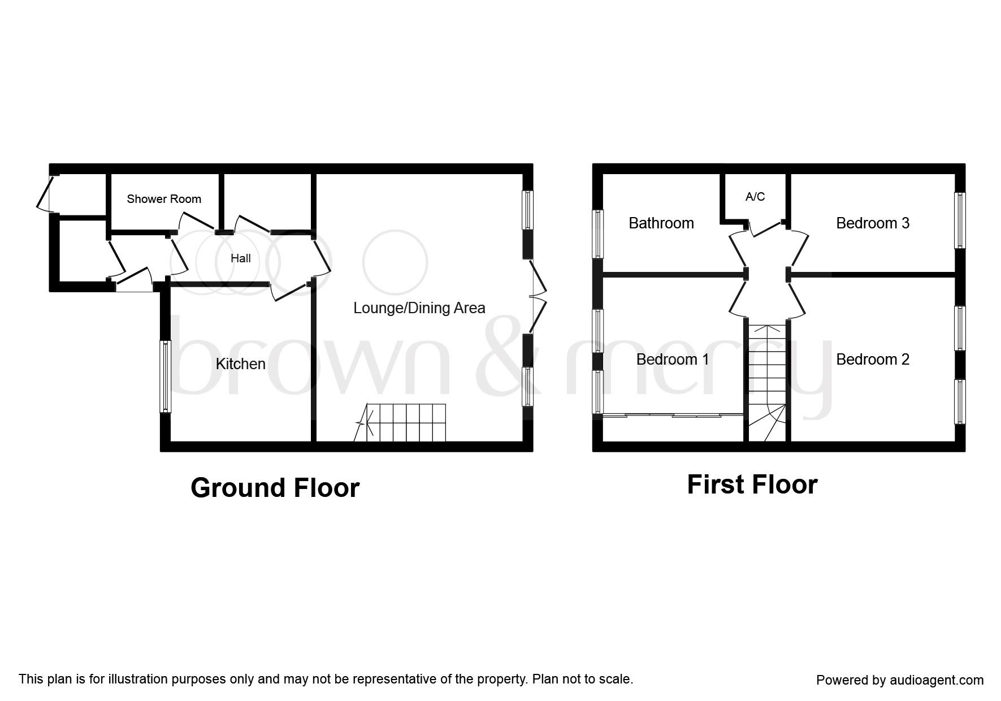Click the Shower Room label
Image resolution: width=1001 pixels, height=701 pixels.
point(164,199)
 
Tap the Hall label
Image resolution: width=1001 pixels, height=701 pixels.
point(241,258)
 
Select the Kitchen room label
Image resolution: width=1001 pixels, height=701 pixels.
point(241,364)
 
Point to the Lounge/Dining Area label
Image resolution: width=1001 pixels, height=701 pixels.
point(419,308)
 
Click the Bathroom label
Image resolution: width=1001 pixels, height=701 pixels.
point(661,223)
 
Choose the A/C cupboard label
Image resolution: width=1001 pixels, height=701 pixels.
point(755,196)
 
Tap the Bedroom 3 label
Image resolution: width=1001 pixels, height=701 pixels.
point(873,223)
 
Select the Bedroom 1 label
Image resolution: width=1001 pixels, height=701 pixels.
point(673,359)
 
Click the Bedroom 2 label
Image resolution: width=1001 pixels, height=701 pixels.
point(873,359)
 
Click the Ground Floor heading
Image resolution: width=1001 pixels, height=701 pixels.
point(275,487)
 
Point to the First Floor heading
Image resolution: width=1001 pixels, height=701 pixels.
point(752,484)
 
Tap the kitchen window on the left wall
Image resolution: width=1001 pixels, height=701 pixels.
point(165,377)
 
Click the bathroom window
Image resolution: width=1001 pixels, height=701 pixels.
point(597,234)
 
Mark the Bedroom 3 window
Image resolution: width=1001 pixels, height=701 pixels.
point(960,220)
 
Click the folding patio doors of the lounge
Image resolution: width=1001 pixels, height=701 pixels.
point(538,296)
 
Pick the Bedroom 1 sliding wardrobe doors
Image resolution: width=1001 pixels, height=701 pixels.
point(673,416)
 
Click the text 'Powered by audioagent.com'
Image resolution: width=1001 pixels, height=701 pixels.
point(900,680)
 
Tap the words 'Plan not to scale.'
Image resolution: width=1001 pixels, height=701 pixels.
point(583,679)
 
